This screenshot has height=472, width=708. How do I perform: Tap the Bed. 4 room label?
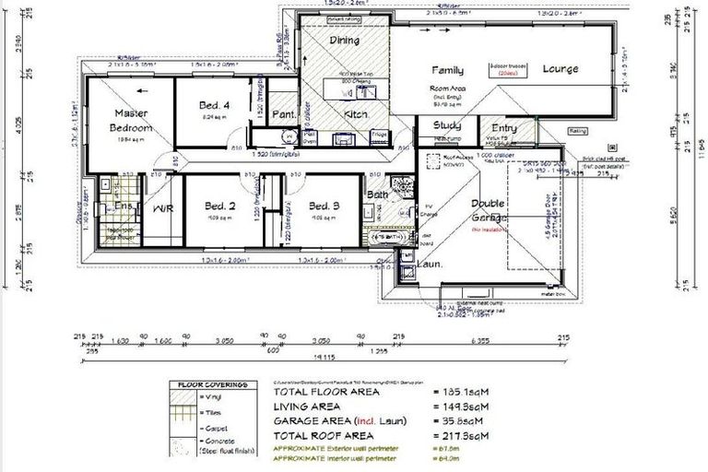214,106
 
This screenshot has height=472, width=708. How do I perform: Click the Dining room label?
344,41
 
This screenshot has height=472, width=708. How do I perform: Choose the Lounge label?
560,69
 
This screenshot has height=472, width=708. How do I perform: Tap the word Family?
447,70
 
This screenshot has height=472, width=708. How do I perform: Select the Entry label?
504,128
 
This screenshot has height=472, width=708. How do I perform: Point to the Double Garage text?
489,209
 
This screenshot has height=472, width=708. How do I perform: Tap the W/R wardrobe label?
162,209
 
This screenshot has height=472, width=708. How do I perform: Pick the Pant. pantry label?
283,114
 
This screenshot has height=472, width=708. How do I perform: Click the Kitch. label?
357,113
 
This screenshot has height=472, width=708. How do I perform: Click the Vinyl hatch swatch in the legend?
187,397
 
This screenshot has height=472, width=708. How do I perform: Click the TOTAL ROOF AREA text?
323,434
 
